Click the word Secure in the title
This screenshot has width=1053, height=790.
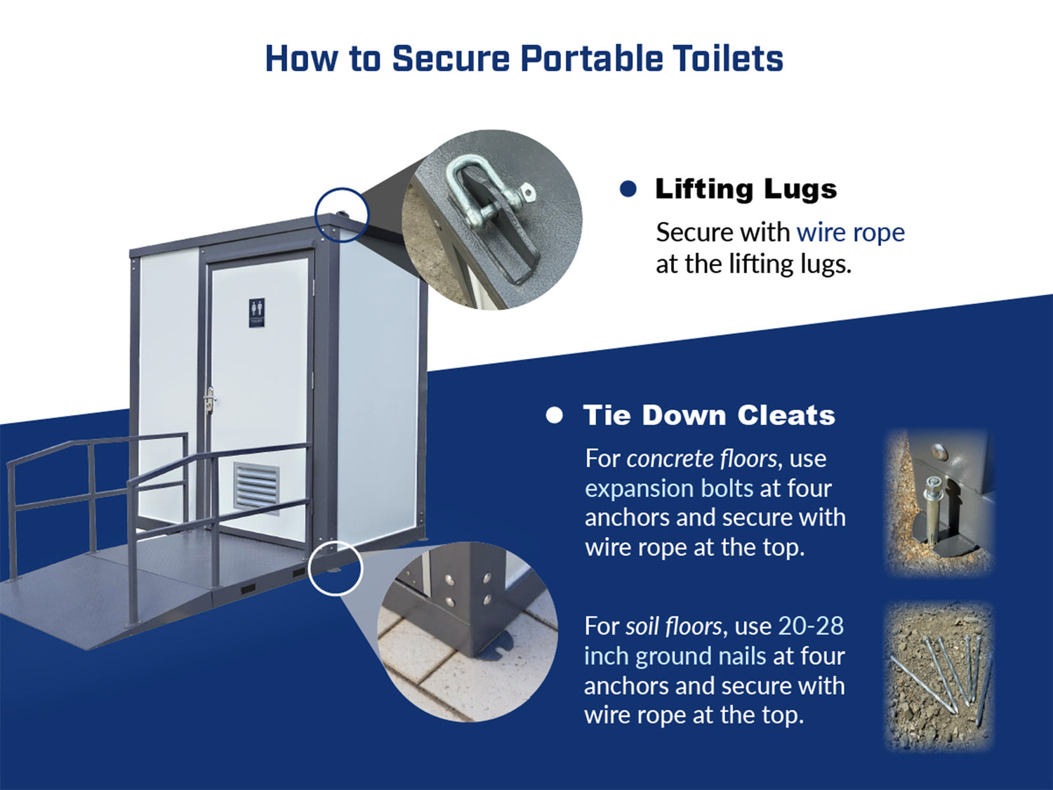click(451, 58)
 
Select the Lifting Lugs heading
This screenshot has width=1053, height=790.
click(746, 190)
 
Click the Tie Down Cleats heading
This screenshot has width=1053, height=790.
click(709, 416)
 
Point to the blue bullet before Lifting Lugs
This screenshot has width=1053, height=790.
click(628, 189)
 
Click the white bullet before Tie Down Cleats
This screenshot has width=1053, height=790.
click(554, 416)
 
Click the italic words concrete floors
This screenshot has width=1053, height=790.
click(702, 459)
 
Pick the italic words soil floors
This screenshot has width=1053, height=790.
click(673, 626)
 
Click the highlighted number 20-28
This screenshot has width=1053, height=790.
click(811, 626)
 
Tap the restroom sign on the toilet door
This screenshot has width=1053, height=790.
click(257, 313)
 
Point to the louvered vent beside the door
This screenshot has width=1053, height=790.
click(256, 487)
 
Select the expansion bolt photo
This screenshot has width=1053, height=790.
click(938, 501)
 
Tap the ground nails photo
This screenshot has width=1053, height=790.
click(939, 676)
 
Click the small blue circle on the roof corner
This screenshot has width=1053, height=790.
click(342, 214)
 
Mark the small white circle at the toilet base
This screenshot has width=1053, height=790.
click(336, 568)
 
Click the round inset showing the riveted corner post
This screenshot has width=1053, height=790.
click(468, 632)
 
